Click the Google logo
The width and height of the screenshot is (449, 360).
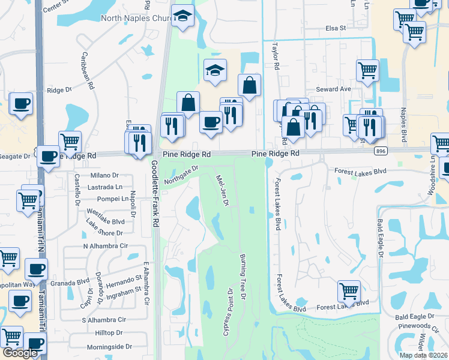click(20, 353)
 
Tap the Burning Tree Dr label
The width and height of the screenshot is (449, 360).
click(243, 277)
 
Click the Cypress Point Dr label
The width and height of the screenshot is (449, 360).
click(228, 312)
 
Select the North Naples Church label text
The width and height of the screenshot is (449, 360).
click(134, 19)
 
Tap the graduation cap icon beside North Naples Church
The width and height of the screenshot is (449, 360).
click(182, 16)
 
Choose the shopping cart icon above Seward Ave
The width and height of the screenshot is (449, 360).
click(367, 70)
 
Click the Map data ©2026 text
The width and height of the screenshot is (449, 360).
click(423, 355)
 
